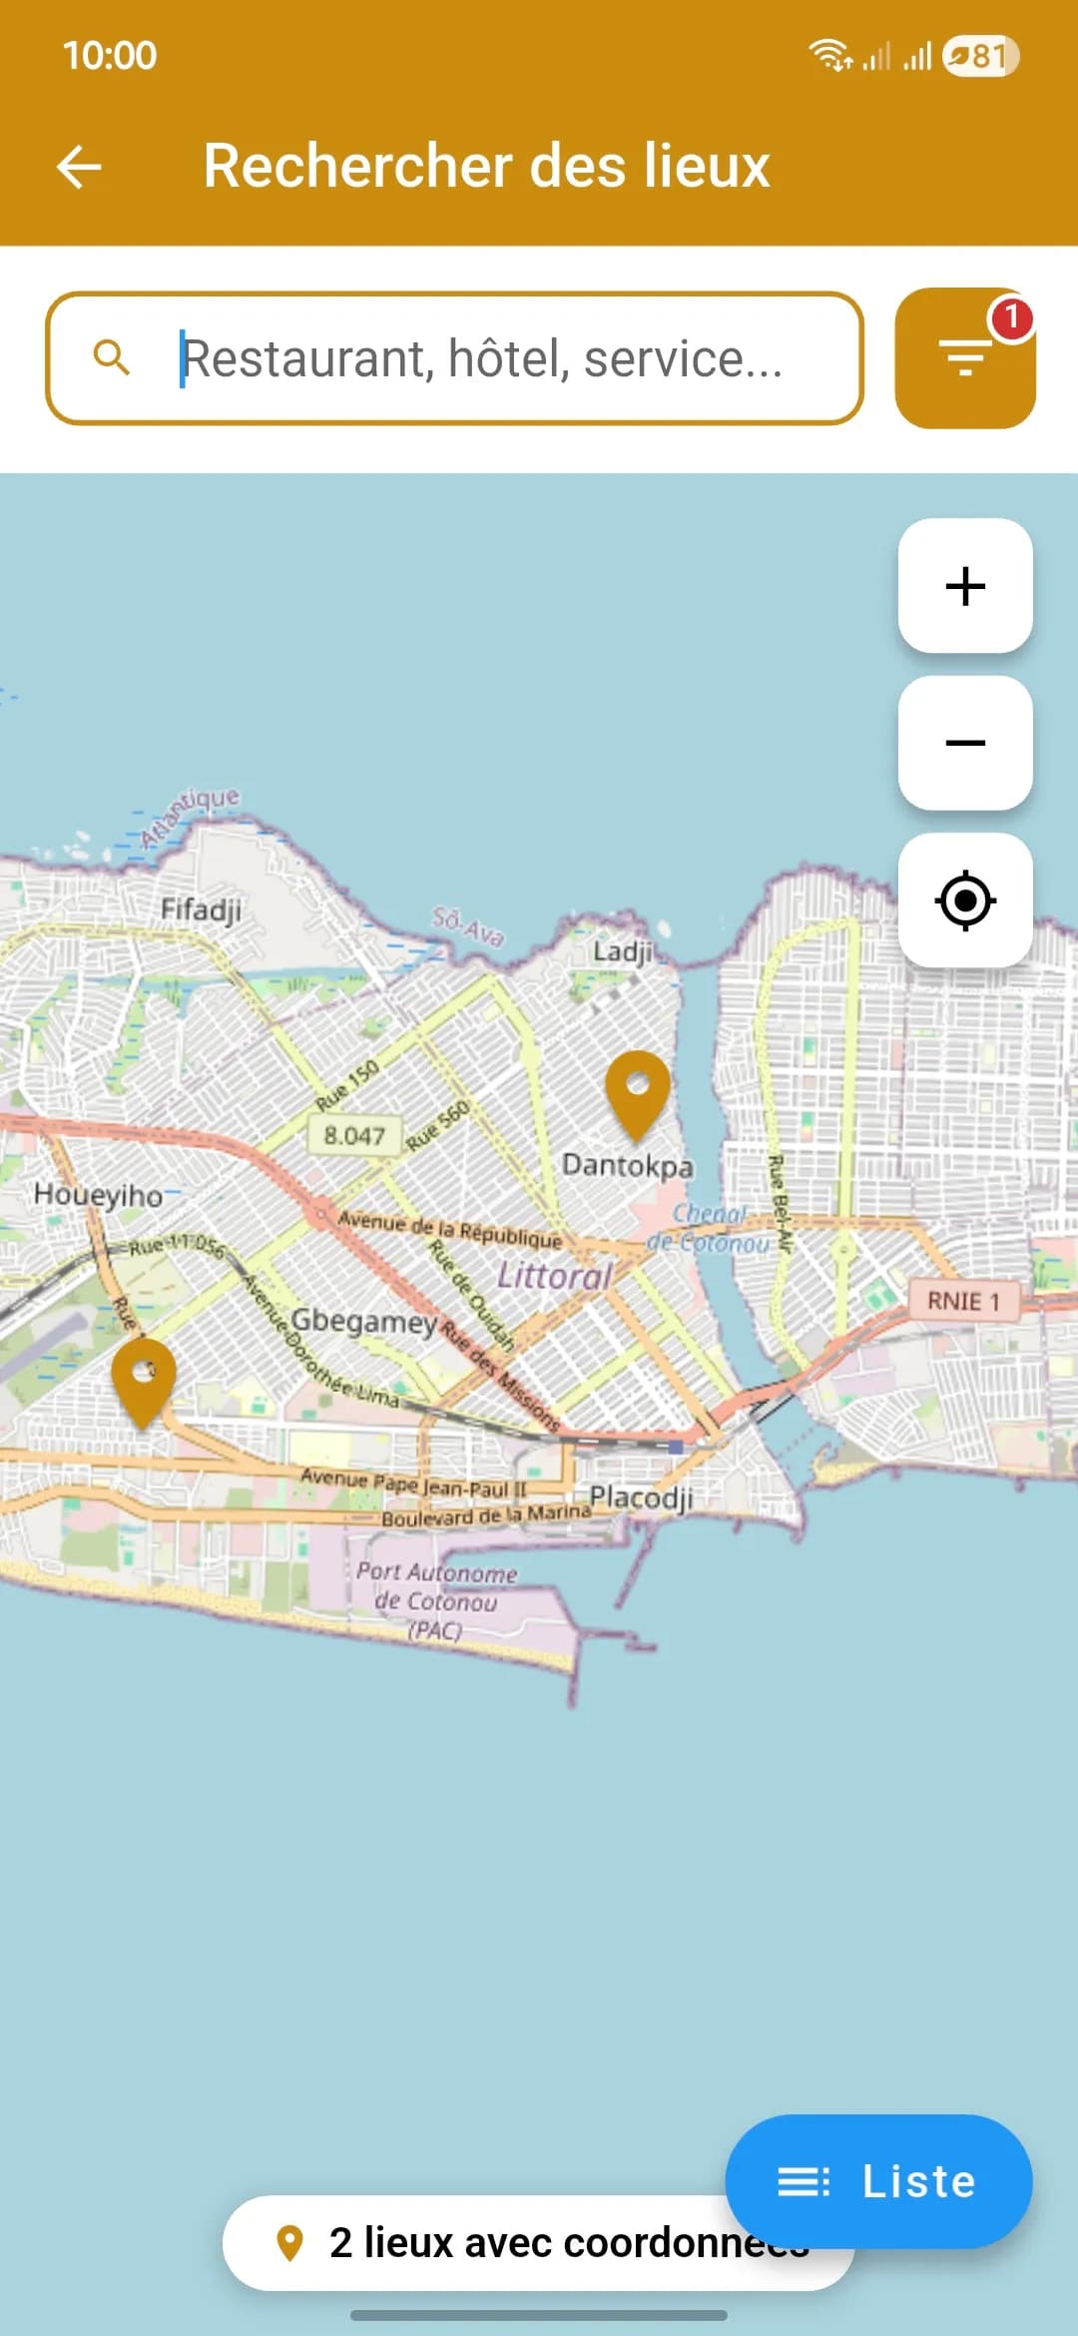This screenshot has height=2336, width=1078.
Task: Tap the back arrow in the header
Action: (x=80, y=167)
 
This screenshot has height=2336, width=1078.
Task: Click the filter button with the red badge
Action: (x=964, y=358)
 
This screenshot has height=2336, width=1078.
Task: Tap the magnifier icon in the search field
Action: (x=112, y=357)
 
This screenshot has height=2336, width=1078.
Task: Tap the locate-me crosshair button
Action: (x=965, y=900)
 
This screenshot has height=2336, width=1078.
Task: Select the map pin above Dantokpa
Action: (x=638, y=1091)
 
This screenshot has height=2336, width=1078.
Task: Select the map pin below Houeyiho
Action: (x=144, y=1379)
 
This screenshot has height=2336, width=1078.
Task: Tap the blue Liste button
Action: (x=878, y=2181)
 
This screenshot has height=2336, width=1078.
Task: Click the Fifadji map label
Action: (x=201, y=909)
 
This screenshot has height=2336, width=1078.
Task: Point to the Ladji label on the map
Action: (x=622, y=950)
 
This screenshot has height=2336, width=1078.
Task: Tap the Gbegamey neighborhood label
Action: (x=363, y=1321)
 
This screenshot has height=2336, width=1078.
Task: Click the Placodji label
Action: (x=641, y=1497)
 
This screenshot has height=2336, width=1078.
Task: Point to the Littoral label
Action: (x=554, y=1276)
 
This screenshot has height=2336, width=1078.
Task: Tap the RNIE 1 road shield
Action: (x=963, y=1301)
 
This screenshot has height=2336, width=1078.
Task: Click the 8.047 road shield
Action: (x=354, y=1135)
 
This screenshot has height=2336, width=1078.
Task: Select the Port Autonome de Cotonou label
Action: (x=436, y=1600)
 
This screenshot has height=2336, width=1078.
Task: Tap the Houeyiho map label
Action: (x=98, y=1195)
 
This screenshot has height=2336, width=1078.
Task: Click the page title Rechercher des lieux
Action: (x=487, y=166)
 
